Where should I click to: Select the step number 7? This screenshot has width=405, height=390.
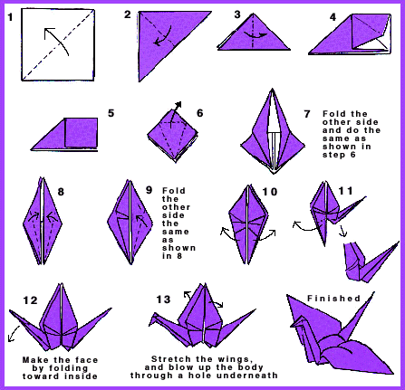307,115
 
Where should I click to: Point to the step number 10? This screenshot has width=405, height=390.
269,192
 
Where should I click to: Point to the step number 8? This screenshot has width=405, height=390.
60,192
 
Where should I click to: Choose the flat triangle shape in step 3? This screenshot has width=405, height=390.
246,38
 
